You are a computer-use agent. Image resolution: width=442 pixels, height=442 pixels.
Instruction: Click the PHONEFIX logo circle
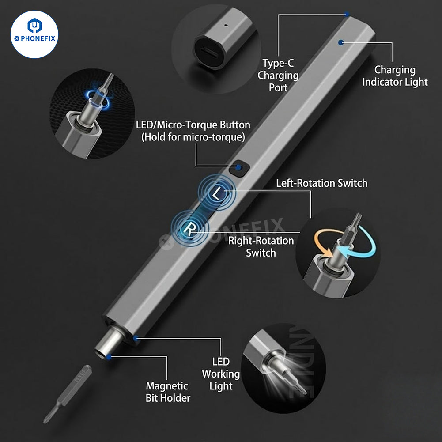34,34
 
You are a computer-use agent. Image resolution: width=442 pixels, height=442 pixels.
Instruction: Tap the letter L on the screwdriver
216,193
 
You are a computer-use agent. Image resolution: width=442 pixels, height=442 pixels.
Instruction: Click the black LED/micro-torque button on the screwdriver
238,168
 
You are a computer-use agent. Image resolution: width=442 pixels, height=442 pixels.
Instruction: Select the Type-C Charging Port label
278,75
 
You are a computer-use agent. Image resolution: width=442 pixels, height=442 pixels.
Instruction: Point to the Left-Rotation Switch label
321,183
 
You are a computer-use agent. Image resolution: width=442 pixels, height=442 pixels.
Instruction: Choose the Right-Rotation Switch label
261,246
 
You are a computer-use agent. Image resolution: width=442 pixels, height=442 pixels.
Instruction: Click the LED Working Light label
221,374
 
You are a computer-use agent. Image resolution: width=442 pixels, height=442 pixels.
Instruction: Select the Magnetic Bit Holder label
168,392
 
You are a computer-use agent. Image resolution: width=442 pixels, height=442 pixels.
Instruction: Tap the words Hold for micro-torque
193,137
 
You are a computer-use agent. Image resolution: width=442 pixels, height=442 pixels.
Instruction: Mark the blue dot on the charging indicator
340,42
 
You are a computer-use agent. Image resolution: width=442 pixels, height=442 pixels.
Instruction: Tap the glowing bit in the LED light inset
292,380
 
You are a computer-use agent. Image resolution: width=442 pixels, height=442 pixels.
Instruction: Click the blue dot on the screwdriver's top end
347,15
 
